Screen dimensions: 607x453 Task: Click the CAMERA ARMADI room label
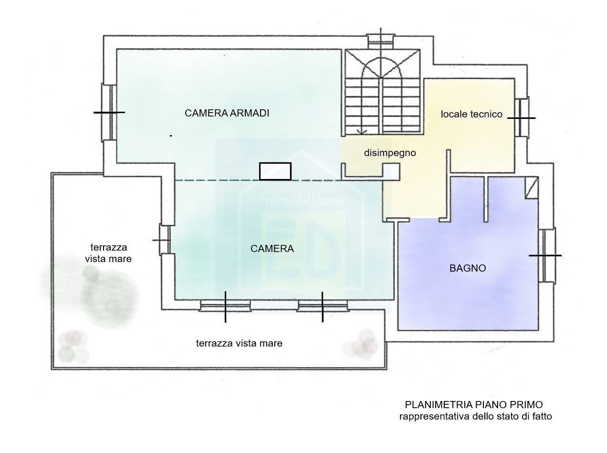pos(227,113)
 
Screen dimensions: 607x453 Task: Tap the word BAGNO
pos(467,268)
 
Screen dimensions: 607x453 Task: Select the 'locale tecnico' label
pos(471,114)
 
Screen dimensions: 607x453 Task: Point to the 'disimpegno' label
pos(390,153)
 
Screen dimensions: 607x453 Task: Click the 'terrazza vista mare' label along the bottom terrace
pos(239,343)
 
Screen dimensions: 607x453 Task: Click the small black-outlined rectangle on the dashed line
pos(275,171)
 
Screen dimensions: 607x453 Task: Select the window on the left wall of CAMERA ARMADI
pos(109,112)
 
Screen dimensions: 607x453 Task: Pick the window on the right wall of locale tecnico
pos(522,117)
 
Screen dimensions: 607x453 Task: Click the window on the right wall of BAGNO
pos(547,255)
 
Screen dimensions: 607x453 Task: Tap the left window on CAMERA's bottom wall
pos(225,306)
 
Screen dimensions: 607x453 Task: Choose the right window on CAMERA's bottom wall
pos(323,306)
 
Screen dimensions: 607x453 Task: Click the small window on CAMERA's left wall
pos(165,240)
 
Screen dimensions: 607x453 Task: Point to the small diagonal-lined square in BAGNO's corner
pos(532,188)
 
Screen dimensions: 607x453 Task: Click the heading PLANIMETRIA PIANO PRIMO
pos(474,405)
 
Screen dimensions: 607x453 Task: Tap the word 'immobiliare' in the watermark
pos(303,200)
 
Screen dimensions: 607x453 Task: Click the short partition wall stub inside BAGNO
pos(486,199)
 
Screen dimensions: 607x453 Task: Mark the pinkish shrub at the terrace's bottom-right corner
pos(362,345)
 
